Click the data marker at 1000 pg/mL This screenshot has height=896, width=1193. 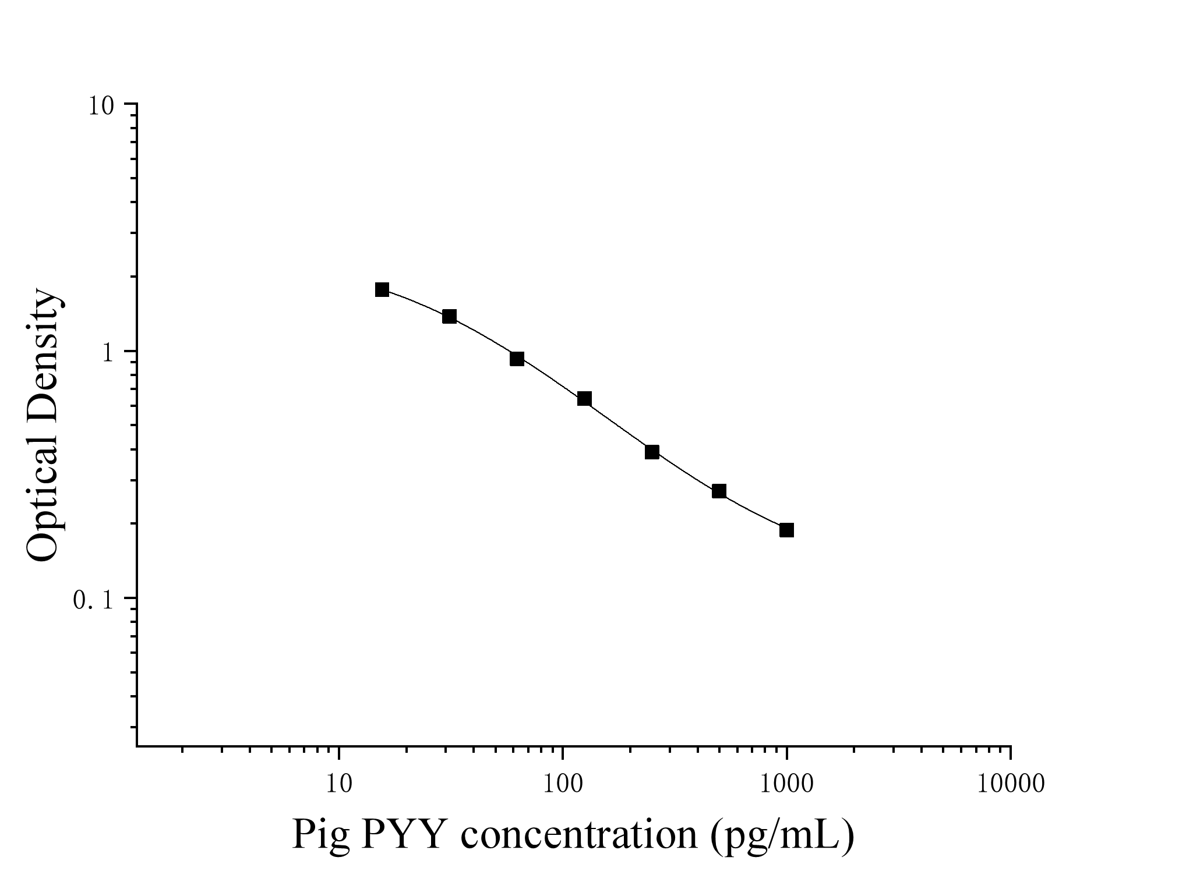pyautogui.click(x=786, y=530)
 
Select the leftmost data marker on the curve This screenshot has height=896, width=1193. pyautogui.click(x=382, y=290)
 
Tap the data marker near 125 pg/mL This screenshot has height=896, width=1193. pyautogui.click(x=584, y=399)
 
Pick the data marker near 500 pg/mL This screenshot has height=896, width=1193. pyautogui.click(x=719, y=491)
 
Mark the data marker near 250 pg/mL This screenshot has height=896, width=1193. pyautogui.click(x=652, y=452)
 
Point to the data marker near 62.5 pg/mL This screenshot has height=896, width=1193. pyautogui.click(x=517, y=359)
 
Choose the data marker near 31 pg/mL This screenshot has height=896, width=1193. pyautogui.click(x=449, y=317)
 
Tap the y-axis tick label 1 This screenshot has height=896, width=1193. pyautogui.click(x=107, y=354)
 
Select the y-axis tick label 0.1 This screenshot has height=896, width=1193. pyautogui.click(x=93, y=601)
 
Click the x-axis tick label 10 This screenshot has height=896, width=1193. pyautogui.click(x=338, y=784)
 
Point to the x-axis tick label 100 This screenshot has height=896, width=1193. pyautogui.click(x=562, y=784)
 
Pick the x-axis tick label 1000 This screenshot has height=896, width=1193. pyautogui.click(x=786, y=784)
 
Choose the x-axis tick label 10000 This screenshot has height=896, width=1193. pyautogui.click(x=1011, y=784)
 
